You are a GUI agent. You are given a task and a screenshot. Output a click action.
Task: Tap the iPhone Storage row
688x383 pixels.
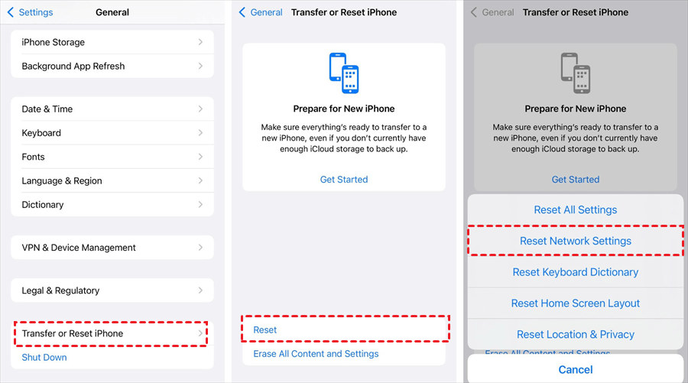(x=112, y=42)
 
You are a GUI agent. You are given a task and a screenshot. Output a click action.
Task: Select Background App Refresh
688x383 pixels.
(x=112, y=67)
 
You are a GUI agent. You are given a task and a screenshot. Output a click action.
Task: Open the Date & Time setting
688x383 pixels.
(x=112, y=109)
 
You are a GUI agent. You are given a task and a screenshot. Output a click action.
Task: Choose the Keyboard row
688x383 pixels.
(x=112, y=133)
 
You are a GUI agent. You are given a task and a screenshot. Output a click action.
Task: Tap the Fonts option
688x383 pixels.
(x=112, y=157)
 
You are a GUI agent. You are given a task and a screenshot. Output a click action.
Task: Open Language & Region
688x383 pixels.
(x=112, y=180)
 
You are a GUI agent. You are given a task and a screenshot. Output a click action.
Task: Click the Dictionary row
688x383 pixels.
(x=112, y=204)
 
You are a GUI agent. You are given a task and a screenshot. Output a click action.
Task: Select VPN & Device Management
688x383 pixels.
(x=112, y=248)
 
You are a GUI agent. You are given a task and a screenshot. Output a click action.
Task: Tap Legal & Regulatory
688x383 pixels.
(x=112, y=290)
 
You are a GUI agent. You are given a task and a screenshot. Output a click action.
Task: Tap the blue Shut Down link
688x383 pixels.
(x=44, y=358)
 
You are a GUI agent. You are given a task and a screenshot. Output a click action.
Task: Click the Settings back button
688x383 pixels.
(x=31, y=12)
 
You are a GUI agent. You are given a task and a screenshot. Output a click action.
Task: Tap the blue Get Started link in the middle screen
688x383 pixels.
(x=344, y=180)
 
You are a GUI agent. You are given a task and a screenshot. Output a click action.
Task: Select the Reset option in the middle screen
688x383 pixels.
(x=265, y=330)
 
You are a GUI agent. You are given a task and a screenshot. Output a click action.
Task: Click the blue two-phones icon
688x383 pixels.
(x=344, y=73)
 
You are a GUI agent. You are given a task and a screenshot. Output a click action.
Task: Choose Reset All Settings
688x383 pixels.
(x=575, y=209)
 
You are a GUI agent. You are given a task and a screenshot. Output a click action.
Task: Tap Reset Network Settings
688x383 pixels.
(x=575, y=241)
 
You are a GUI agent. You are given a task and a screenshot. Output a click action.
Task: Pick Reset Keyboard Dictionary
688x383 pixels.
(x=575, y=272)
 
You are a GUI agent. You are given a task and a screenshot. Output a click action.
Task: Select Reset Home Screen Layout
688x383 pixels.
(x=575, y=303)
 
